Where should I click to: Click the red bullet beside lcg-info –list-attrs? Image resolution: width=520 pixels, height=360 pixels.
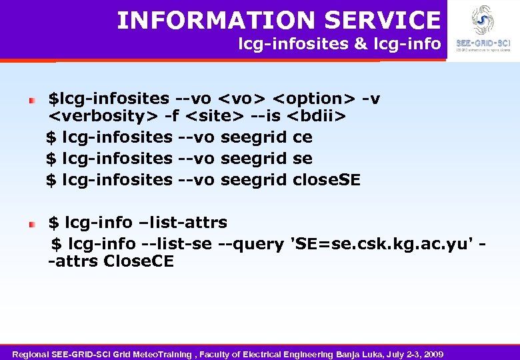click(31, 225)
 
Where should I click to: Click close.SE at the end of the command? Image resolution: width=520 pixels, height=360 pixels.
click(326, 179)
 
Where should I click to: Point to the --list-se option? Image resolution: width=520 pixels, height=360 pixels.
click(171, 243)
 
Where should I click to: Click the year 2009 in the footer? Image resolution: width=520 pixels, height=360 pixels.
click(432, 353)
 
